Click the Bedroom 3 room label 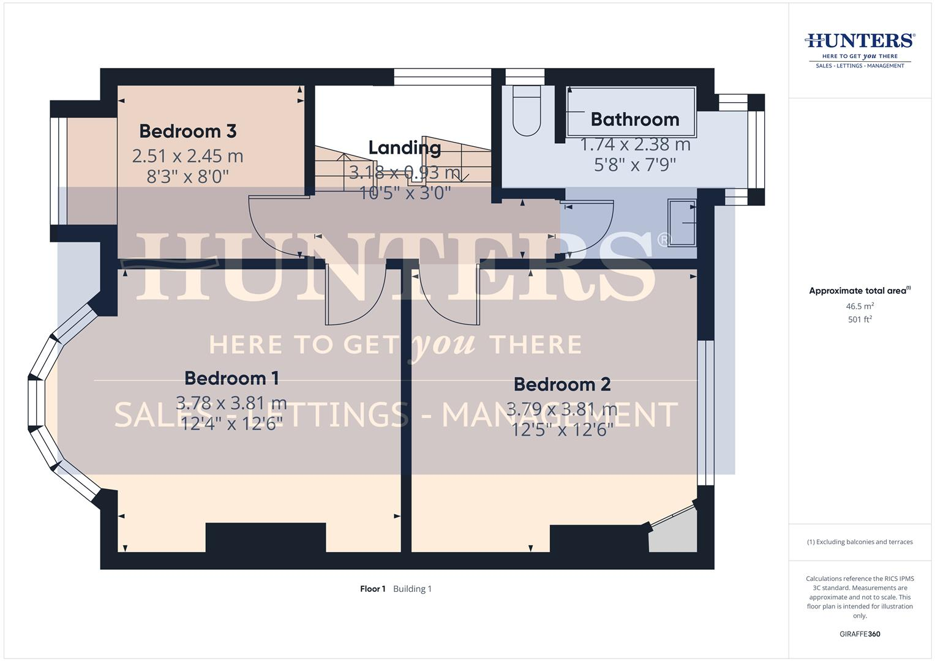coord(187,131)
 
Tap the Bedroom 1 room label coord(231,378)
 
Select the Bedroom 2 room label coord(561,384)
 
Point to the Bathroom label coord(634,119)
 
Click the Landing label coord(404,148)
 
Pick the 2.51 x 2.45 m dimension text coord(187,156)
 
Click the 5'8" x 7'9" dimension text coord(634,165)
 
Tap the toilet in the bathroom coord(527,111)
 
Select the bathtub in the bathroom coord(631,111)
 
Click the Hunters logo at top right coord(860,49)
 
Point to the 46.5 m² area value coord(860,306)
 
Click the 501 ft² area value coord(860,319)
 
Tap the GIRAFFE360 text coord(860,634)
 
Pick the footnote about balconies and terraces coord(860,542)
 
